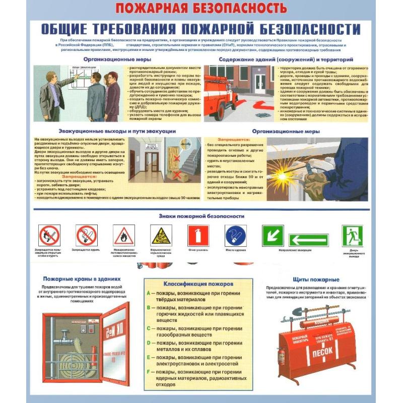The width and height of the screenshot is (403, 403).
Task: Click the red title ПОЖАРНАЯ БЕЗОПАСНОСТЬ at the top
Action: (201, 8)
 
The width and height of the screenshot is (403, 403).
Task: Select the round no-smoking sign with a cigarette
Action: (86, 235)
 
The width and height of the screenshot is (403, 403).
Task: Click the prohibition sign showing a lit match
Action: (49, 235)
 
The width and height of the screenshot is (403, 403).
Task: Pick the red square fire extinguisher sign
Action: (198, 235)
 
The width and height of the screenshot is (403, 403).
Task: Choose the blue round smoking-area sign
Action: (235, 235)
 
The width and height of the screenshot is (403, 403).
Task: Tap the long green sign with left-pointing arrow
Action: (308, 239)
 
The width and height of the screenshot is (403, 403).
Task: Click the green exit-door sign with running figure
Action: (353, 235)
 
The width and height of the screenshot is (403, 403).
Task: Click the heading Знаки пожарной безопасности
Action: (201, 216)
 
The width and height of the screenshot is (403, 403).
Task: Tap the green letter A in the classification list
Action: (149, 293)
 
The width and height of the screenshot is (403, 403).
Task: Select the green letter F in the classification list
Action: (149, 372)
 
